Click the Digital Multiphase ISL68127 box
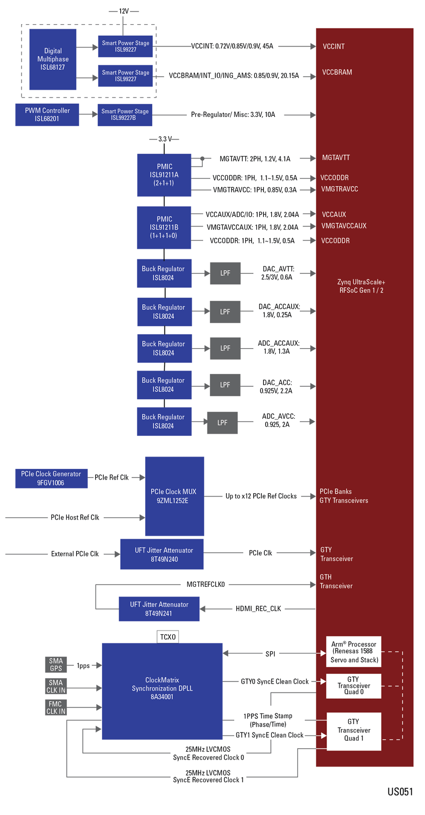pyautogui.click(x=53, y=59)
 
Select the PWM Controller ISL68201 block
pyautogui.click(x=47, y=115)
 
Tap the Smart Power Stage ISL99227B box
pyautogui.click(x=125, y=115)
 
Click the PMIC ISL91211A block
pyautogui.click(x=164, y=175)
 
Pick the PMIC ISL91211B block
pyautogui.click(x=164, y=227)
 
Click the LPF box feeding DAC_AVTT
pyautogui.click(x=225, y=273)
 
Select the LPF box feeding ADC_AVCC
pyautogui.click(x=222, y=422)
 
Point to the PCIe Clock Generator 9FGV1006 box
pyautogui.click(x=51, y=478)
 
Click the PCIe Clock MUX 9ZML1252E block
pyautogui.click(x=174, y=496)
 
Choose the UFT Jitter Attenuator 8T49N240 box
pyautogui.click(x=162, y=554)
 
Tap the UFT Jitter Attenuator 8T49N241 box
pyautogui.click(x=159, y=609)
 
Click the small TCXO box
pyautogui.click(x=168, y=636)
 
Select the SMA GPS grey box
pyautogui.click(x=56, y=664)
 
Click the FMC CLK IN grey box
pyautogui.click(x=56, y=707)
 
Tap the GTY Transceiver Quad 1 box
pyautogui.click(x=353, y=731)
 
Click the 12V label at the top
pyautogui.click(x=123, y=11)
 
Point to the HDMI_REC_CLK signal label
pyautogui.click(x=258, y=608)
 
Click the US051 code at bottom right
pyautogui.click(x=399, y=791)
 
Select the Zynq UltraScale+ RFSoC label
pyautogui.click(x=361, y=286)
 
